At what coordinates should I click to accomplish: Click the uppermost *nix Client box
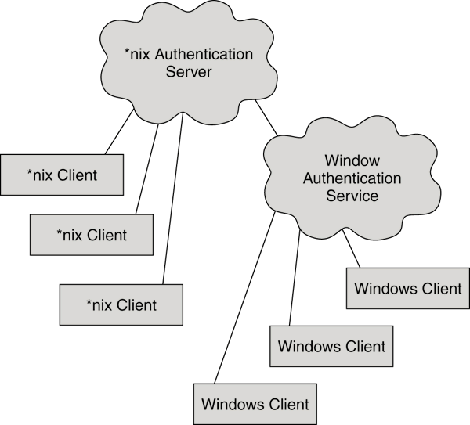pyautogui.click(x=62, y=175)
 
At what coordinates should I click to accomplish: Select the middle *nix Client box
pyautogui.click(x=91, y=234)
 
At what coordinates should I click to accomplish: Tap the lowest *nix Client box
pyautogui.click(x=121, y=304)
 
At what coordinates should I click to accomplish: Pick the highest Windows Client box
pyautogui.click(x=407, y=288)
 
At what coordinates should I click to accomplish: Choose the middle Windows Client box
pyautogui.click(x=331, y=346)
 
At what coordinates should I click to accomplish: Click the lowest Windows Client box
pyautogui.click(x=255, y=405)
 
